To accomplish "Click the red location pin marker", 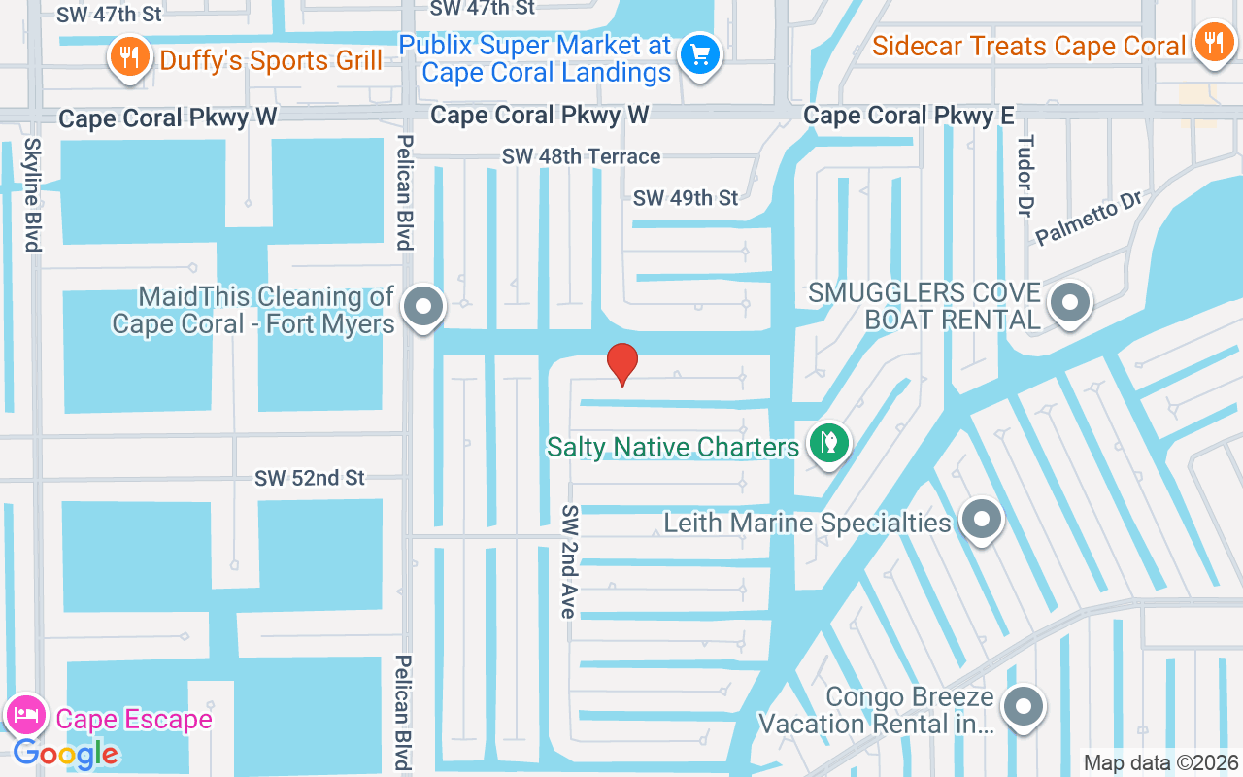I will pyautogui.click(x=622, y=363).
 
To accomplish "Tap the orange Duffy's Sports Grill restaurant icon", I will pyautogui.click(x=127, y=55).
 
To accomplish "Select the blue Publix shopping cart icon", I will pyautogui.click(x=700, y=52).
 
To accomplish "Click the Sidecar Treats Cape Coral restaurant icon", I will pyautogui.click(x=1212, y=42).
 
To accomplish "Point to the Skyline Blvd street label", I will pyautogui.click(x=33, y=194).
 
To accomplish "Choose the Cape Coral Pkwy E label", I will pyautogui.click(x=908, y=116).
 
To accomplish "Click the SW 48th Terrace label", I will pyautogui.click(x=581, y=156).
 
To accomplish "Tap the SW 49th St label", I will pyautogui.click(x=686, y=198).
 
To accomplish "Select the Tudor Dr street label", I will pyautogui.click(x=1025, y=175).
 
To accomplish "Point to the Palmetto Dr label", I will pyautogui.click(x=1089, y=218).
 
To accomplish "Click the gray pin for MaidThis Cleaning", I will pyautogui.click(x=422, y=306).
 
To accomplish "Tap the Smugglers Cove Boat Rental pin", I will pyautogui.click(x=1070, y=302).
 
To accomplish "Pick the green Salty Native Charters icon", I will pyautogui.click(x=828, y=443).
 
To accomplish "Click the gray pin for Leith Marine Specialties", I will pyautogui.click(x=981, y=520).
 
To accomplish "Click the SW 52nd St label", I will pyautogui.click(x=310, y=478).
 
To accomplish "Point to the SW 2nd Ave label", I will pyautogui.click(x=569, y=561).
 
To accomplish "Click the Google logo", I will pyautogui.click(x=65, y=754).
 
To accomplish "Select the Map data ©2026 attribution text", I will pyautogui.click(x=1160, y=762).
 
